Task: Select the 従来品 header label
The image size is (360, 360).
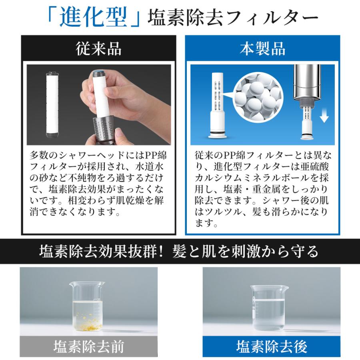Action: tap(98, 49)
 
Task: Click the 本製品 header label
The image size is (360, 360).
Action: tap(262, 49)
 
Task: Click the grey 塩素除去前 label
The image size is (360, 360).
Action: tap(88, 346)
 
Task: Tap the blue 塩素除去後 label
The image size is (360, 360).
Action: tap(271, 346)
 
